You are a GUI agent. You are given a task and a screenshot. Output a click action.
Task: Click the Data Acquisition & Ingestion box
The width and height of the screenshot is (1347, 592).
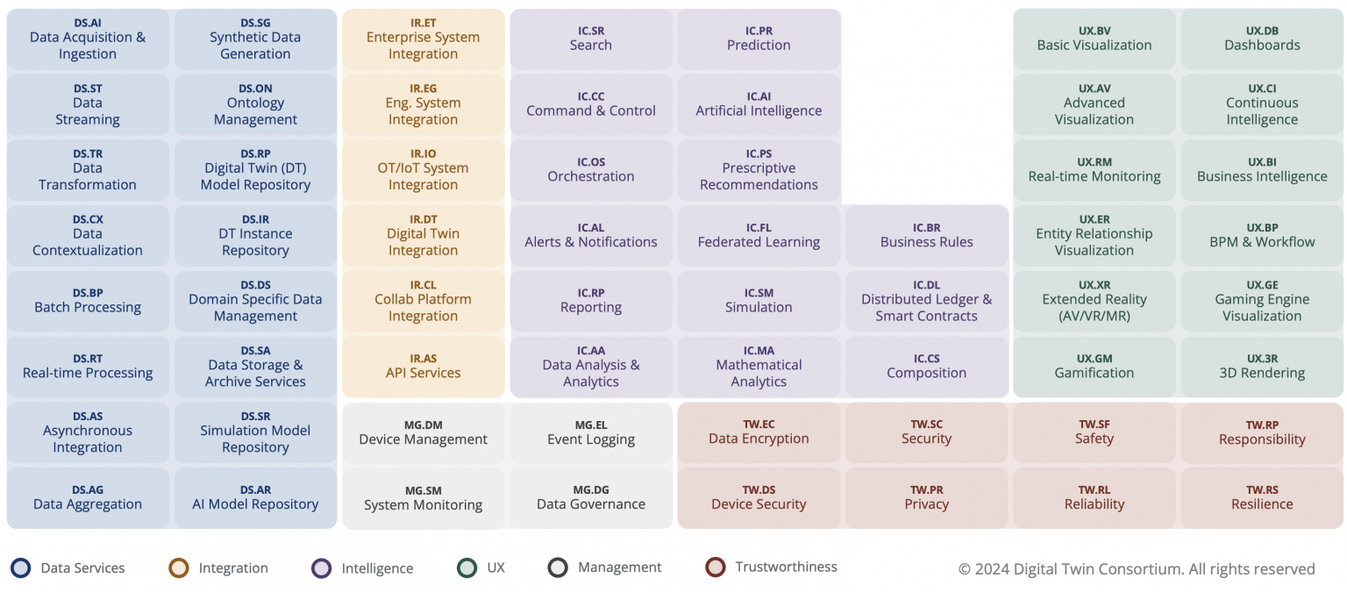click(88, 39)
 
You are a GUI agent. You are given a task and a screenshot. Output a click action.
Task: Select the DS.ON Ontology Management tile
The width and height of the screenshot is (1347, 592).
click(255, 105)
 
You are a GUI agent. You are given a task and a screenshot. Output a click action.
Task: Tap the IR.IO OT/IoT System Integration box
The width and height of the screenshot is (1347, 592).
click(423, 170)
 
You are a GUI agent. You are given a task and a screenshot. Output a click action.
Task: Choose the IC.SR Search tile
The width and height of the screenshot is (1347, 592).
click(591, 39)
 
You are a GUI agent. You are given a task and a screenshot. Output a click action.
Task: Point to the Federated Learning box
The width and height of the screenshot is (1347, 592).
click(759, 236)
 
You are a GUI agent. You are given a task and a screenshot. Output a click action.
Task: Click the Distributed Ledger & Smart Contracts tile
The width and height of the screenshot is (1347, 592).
click(926, 301)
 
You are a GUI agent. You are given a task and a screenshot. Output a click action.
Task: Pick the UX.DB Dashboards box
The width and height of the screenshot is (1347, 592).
click(1262, 39)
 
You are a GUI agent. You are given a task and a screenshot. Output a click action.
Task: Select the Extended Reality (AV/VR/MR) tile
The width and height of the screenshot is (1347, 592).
click(1094, 301)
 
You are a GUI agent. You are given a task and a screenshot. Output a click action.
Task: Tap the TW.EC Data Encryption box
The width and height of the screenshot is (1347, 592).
click(759, 432)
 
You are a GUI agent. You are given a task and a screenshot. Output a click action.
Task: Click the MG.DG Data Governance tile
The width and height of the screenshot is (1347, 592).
click(591, 498)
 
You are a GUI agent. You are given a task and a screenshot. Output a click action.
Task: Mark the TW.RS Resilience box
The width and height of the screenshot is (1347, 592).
click(1262, 498)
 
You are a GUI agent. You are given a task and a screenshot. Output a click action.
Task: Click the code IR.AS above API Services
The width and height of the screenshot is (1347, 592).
click(423, 359)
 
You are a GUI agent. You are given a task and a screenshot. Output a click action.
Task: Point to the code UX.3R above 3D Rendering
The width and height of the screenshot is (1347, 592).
click(1262, 359)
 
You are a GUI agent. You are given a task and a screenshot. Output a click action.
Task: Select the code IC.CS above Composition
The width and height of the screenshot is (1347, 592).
click(926, 359)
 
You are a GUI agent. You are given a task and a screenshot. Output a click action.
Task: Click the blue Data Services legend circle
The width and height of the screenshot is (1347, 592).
click(21, 568)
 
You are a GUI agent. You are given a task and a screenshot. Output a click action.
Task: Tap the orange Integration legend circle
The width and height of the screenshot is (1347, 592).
click(179, 568)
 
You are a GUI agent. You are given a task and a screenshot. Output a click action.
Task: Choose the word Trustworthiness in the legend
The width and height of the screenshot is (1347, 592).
click(786, 567)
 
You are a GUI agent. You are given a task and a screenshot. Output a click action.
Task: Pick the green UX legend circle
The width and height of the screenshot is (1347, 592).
click(467, 568)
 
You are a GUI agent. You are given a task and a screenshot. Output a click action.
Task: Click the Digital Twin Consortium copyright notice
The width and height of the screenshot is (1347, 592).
click(1137, 569)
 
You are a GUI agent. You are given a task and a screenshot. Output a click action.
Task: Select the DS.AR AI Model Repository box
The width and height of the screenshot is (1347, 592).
click(255, 498)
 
